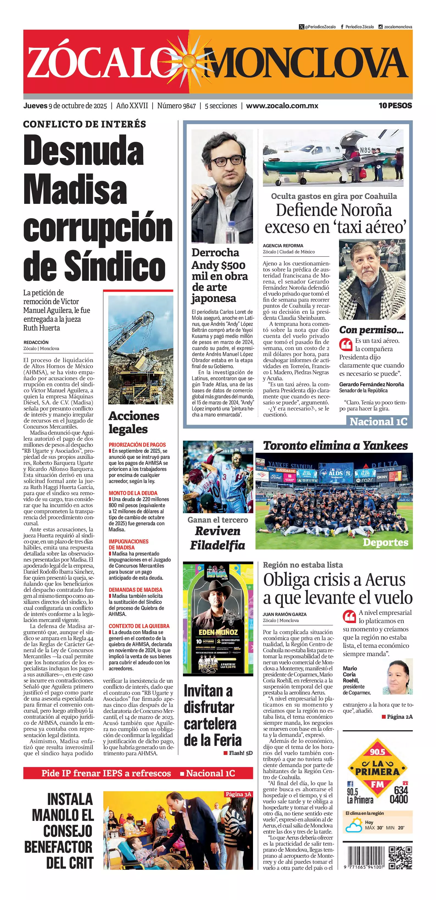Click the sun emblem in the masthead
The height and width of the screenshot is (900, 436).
(189, 62)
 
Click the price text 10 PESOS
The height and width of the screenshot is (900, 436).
(395, 105)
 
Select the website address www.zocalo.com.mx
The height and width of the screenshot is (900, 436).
(282, 105)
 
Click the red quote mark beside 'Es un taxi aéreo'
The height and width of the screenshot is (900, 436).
(346, 344)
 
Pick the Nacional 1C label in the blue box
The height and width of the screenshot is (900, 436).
(378, 422)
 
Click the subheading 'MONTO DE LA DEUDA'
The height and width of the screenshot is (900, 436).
(133, 493)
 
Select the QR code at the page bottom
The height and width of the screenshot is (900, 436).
(400, 858)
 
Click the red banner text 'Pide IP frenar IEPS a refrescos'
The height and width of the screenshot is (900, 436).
(106, 773)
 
